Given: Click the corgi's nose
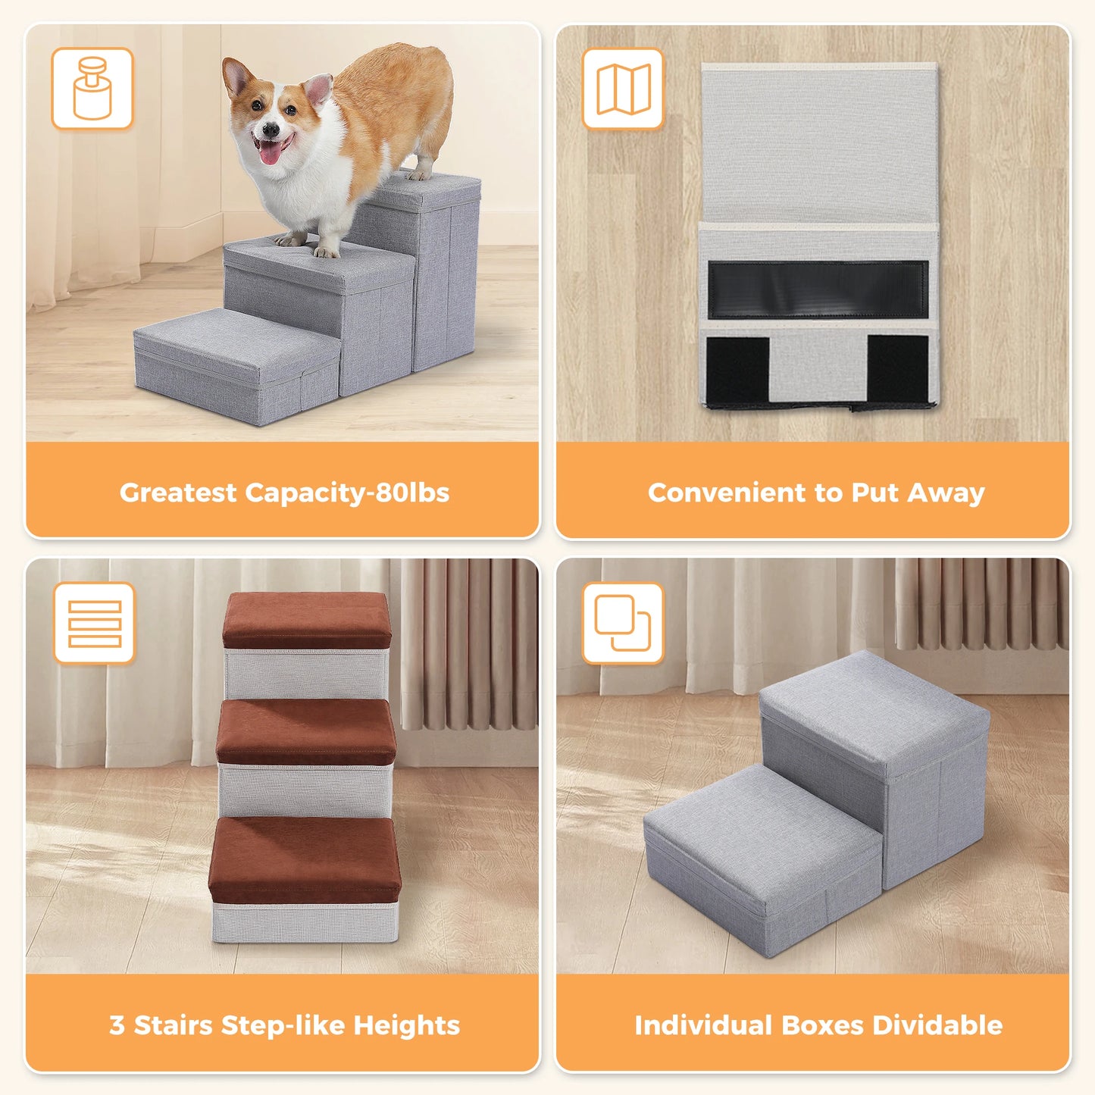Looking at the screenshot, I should tap(267, 130).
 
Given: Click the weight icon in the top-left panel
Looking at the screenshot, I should tap(92, 89).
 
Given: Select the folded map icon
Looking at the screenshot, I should tap(623, 89).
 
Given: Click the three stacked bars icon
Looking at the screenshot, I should tap(94, 623).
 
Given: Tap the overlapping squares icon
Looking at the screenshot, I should tap(623, 623).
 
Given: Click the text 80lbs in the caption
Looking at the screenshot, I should tap(412, 493).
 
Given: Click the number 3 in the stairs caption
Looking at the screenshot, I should tap(117, 1025).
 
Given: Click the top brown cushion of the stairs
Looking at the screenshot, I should tap(307, 618).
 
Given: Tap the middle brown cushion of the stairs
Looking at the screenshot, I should tap(307, 729).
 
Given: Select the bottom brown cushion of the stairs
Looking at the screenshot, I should tap(305, 856).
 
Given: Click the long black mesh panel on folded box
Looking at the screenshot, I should tap(818, 289).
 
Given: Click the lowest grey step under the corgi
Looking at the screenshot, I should tap(235, 364).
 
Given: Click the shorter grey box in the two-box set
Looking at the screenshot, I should tap(758, 856).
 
